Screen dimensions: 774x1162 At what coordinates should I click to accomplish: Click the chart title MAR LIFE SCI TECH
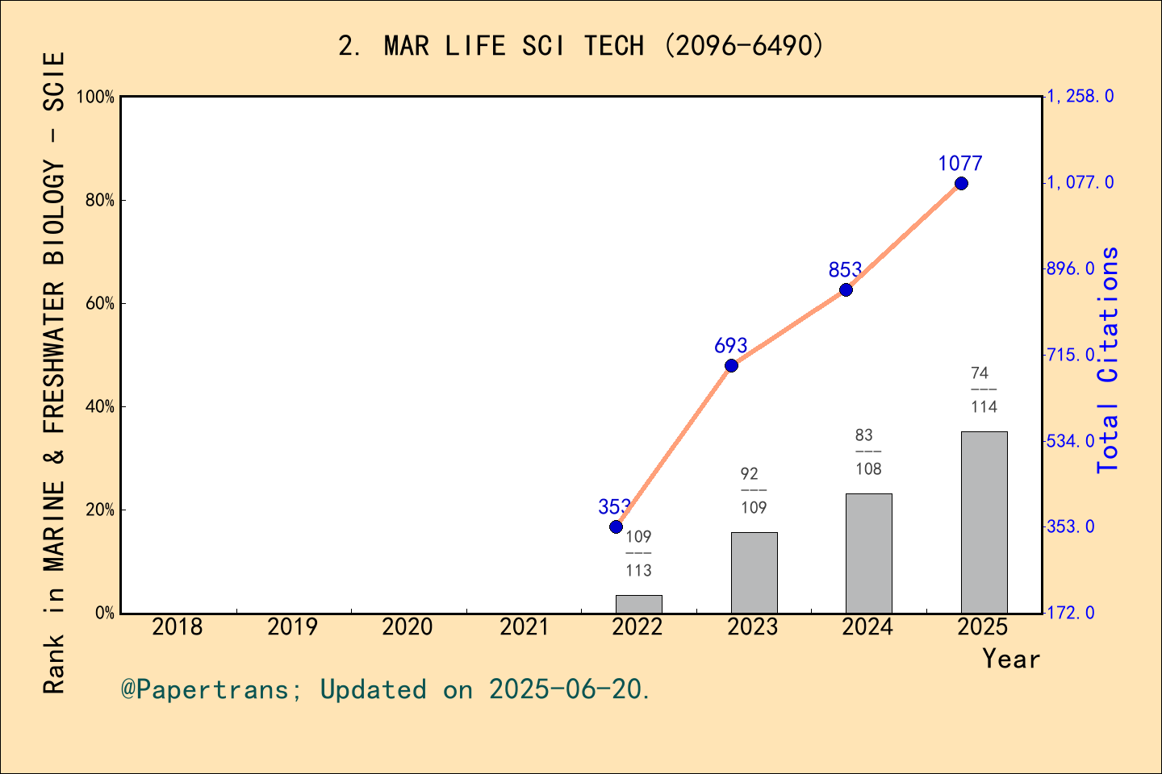click(581, 46)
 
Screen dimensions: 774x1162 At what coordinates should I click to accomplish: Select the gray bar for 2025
click(984, 522)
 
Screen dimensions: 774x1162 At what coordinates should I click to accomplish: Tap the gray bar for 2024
click(868, 553)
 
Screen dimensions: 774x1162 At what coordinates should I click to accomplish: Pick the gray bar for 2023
click(754, 572)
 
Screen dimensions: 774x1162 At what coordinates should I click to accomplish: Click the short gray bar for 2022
click(638, 604)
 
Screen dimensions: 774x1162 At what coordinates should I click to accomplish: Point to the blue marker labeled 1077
click(961, 184)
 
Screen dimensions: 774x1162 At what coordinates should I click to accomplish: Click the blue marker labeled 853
click(846, 289)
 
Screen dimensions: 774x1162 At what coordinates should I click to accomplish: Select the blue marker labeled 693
click(731, 365)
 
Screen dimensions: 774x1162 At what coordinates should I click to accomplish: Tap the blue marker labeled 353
click(616, 526)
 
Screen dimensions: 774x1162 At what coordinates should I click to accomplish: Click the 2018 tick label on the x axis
click(178, 626)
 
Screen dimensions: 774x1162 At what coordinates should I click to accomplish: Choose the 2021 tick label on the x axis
click(524, 626)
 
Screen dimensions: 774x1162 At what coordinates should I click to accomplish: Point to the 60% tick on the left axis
click(100, 304)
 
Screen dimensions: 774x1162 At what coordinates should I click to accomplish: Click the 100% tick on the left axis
click(96, 98)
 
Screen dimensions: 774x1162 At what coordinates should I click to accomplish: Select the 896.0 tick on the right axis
click(1071, 268)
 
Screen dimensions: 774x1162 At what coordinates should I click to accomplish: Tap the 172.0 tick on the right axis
click(1071, 613)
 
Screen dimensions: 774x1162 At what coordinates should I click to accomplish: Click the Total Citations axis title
click(1108, 360)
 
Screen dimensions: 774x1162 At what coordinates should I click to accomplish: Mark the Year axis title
click(1010, 659)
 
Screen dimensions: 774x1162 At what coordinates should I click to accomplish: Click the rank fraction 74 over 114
click(983, 390)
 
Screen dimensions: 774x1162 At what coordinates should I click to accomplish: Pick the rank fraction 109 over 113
click(638, 554)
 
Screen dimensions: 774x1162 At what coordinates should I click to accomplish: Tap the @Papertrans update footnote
click(386, 689)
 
